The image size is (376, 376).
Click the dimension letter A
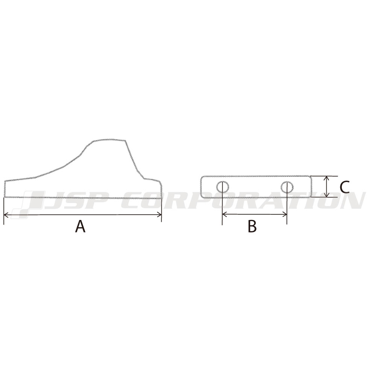(80, 226)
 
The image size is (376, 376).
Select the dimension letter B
(252, 226)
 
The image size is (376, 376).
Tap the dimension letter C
(344, 187)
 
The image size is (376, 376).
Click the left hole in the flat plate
(223, 186)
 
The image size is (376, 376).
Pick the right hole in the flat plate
(287, 186)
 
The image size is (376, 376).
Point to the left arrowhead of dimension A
(6, 215)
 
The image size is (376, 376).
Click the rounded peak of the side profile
(109, 140)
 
